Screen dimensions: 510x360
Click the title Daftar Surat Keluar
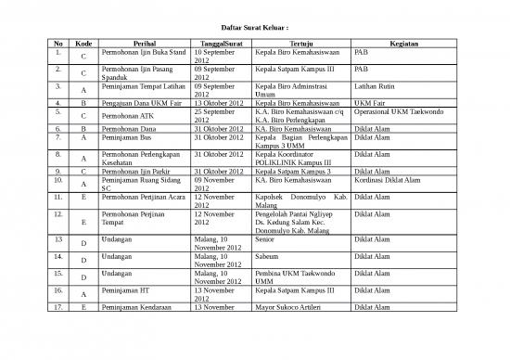[254, 27]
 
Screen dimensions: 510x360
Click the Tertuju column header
[300, 44]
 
